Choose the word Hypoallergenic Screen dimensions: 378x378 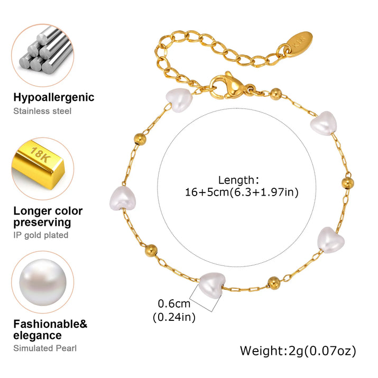[x=54, y=97]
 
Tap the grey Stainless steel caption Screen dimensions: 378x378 [x=42, y=111]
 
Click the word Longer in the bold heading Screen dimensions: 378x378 [x=32, y=211]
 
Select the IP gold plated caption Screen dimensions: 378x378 [x=41, y=235]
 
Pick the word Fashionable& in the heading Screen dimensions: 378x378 [x=50, y=324]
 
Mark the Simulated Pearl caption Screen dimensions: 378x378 [x=45, y=348]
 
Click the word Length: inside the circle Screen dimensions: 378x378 [x=238, y=180]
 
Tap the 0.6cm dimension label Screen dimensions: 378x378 [x=174, y=304]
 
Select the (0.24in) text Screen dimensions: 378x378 [x=174, y=317]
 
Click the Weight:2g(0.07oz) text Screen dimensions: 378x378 [x=298, y=351]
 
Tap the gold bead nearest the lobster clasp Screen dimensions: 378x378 [x=275, y=95]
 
